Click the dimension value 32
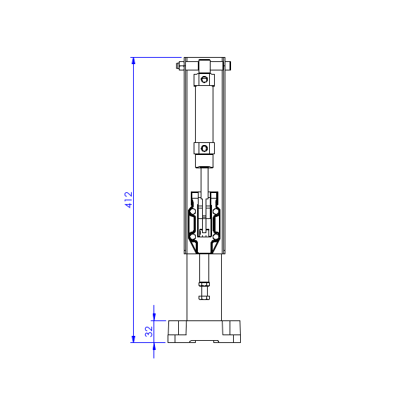(x=149, y=331)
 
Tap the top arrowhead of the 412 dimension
(x=134, y=61)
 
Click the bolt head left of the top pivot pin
(x=180, y=66)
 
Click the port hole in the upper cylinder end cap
(x=204, y=80)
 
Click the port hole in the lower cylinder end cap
(x=204, y=148)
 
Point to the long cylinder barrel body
(x=204, y=113)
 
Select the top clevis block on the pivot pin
(x=204, y=65)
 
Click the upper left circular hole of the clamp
(x=192, y=211)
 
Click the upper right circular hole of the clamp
(x=216, y=211)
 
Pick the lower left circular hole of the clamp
(x=192, y=236)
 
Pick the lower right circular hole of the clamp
(x=216, y=236)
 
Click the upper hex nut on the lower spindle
(x=204, y=286)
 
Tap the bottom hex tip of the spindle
(x=204, y=296)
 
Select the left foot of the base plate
(x=177, y=328)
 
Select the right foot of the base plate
(x=232, y=328)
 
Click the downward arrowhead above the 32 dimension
(x=154, y=316)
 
